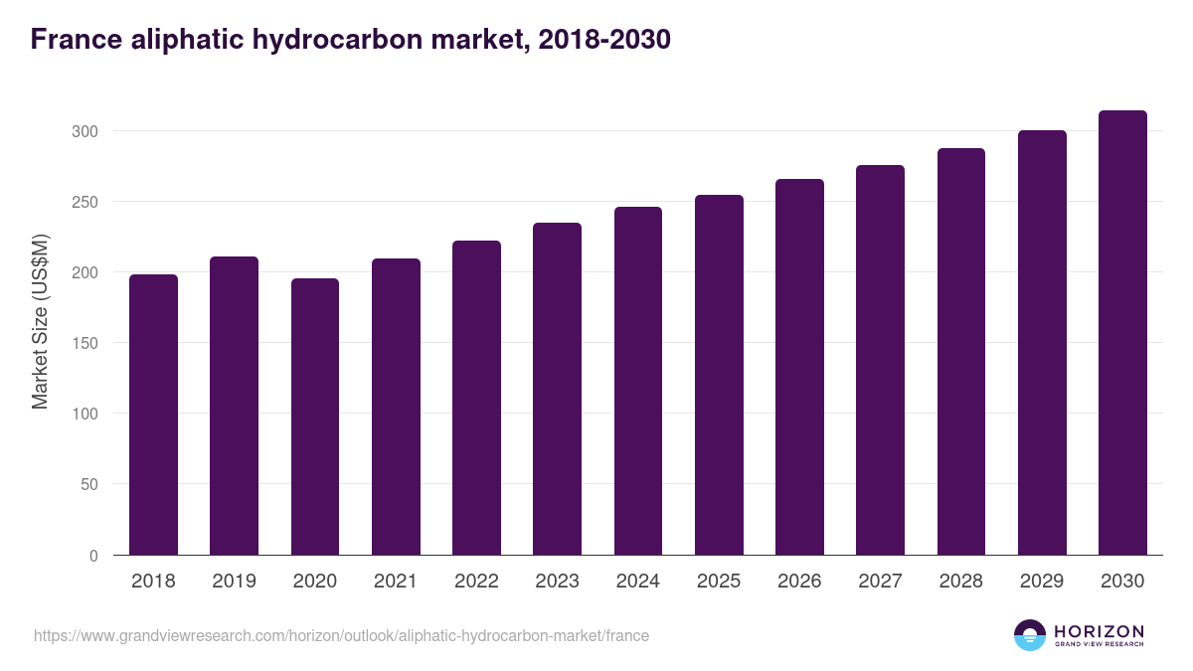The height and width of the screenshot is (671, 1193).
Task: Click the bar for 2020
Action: click(315, 417)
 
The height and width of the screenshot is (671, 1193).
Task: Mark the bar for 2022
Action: click(476, 398)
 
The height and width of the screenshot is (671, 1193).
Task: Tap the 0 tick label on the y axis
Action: click(93, 556)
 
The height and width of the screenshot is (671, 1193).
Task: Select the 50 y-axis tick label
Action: click(89, 485)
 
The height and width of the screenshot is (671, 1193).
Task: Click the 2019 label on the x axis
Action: click(234, 582)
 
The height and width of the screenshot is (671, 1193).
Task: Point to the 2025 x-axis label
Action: click(719, 582)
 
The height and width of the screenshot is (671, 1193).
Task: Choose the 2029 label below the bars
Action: click(1042, 582)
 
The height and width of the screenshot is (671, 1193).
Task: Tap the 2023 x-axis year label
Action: click(557, 582)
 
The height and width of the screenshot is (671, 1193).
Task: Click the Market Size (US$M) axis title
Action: click(40, 320)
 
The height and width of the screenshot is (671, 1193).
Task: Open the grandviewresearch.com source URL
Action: click(341, 635)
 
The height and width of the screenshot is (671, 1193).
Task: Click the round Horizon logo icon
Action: click(1030, 635)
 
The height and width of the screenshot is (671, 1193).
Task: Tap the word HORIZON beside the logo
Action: click(1099, 631)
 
